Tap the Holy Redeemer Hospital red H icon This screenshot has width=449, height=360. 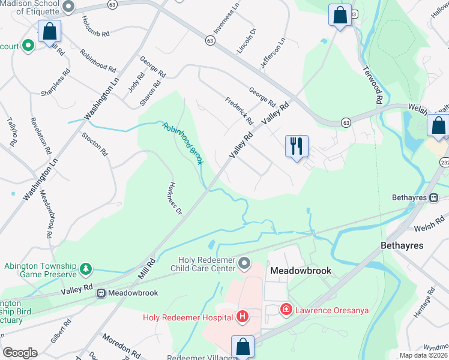coord(243,316)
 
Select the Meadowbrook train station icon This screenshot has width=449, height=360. coord(101,293)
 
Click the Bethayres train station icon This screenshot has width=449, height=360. coord(433,197)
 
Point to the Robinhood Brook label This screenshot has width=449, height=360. coord(183,143)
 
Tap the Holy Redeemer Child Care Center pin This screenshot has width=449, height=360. coord(244,263)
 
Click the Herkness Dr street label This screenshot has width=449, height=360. coord(175,198)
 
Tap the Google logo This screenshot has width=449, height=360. coord(19,353)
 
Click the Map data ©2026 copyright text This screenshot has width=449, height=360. coord(423,355)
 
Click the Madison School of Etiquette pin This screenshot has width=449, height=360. coord(68,7)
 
